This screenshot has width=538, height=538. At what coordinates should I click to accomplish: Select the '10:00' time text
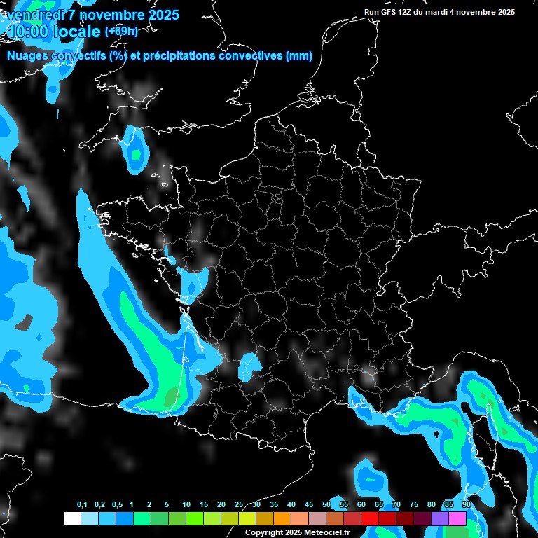tap(29, 32)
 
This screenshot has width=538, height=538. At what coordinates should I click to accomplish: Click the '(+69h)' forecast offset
tap(121, 32)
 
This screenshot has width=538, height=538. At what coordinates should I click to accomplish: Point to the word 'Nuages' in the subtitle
tap(27, 56)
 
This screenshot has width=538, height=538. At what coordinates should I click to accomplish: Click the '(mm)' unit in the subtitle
tap(299, 56)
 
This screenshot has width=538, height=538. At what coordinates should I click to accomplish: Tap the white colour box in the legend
tap(71, 519)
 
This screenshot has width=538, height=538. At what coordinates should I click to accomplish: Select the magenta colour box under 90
tap(457, 519)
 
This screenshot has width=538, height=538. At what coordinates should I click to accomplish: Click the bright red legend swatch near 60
tap(370, 519)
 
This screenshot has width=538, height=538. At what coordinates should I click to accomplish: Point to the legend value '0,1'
tap(82, 505)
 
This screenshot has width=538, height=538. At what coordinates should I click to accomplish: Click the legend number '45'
tap(309, 505)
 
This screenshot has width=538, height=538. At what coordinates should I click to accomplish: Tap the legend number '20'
tap(221, 505)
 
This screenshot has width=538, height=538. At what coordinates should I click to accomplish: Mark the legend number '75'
tap(414, 505)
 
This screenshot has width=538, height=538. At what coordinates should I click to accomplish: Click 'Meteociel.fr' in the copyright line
tap(326, 533)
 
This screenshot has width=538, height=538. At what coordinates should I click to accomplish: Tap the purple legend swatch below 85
tap(440, 519)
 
